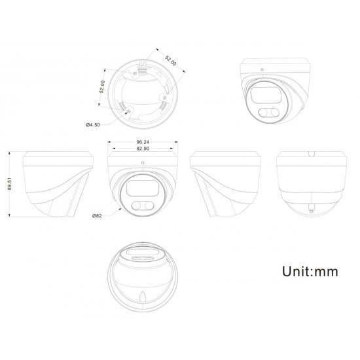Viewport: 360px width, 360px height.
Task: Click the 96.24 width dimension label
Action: pyautogui.click(x=143, y=142)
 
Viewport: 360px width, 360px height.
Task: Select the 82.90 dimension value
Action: pyautogui.click(x=143, y=149)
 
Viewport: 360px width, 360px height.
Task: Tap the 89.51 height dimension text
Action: pyautogui.click(x=9, y=184)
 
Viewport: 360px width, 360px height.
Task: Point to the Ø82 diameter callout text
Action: pyautogui.click(x=97, y=216)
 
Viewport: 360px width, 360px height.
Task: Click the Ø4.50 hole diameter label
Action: pyautogui.click(x=93, y=125)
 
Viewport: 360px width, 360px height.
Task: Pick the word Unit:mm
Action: pyautogui.click(x=310, y=272)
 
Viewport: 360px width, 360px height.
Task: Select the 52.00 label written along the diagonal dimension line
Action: pyautogui.click(x=171, y=60)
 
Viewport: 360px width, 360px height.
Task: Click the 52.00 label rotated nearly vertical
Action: pyautogui.click(x=102, y=86)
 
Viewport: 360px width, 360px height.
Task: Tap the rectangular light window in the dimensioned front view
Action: pyautogui.click(x=142, y=188)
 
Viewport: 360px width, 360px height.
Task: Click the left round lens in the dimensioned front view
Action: pyautogui.click(x=136, y=206)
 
